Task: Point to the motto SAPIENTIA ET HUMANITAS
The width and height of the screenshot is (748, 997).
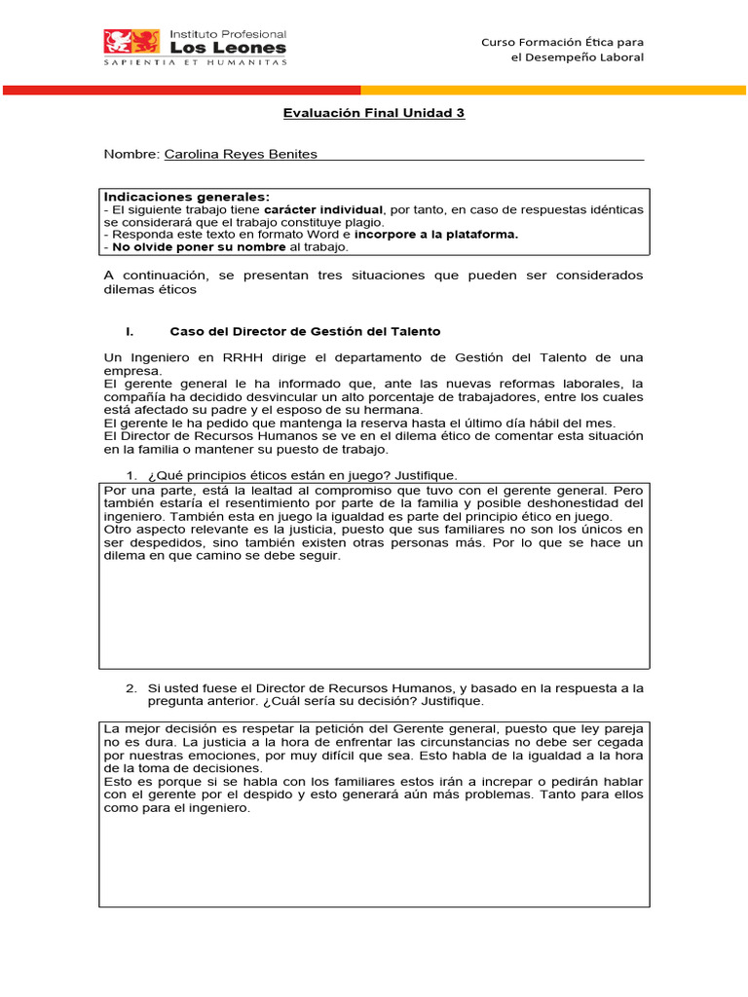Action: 196,61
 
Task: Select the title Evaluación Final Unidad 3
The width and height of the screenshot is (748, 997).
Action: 374,113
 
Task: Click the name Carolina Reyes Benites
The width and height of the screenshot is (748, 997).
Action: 241,154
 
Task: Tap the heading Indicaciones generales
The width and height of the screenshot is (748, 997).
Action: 187,197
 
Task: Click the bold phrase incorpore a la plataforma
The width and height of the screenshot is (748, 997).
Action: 436,234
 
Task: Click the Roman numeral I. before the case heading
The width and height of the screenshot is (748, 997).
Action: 130,332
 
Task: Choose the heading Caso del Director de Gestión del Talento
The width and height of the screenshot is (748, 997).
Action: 298,332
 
